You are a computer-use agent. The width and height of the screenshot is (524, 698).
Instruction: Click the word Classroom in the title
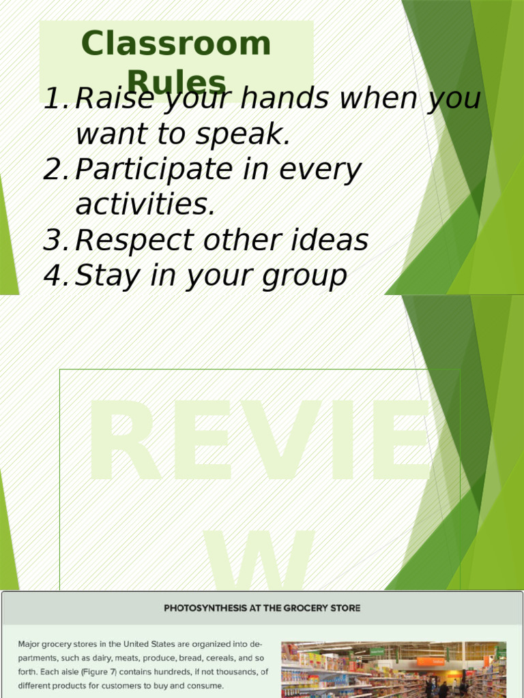point(176,44)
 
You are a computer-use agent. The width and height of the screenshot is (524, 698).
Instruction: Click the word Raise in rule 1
point(103,100)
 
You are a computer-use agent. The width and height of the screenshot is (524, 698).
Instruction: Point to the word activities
point(145,205)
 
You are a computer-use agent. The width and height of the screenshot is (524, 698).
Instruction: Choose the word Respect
point(128,241)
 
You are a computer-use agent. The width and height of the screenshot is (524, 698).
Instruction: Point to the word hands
point(289,100)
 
